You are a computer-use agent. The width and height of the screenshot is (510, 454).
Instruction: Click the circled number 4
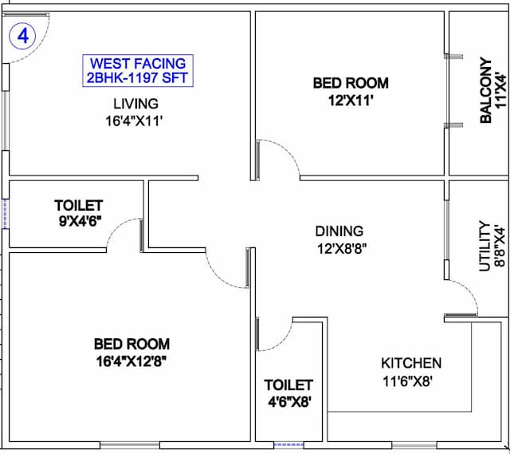(23, 36)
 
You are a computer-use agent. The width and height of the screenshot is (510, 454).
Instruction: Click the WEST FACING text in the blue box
(138, 64)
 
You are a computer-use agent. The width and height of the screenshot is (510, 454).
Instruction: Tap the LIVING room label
(136, 104)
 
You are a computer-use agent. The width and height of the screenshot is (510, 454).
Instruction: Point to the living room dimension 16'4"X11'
(134, 121)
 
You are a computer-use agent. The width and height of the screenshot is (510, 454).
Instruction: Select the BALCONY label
(485, 90)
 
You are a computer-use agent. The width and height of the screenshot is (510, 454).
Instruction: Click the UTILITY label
(484, 247)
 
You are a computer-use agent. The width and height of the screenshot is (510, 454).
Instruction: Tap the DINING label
(339, 231)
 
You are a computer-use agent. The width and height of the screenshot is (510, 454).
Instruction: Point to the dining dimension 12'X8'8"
(342, 249)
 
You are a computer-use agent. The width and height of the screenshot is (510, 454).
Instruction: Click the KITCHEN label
(411, 363)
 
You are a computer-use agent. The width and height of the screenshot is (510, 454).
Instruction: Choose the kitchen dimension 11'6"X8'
(407, 381)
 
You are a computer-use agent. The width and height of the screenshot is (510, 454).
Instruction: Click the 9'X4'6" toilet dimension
(80, 222)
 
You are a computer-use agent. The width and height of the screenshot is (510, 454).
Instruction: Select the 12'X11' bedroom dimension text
(351, 101)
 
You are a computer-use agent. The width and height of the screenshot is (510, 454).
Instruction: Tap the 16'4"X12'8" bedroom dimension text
(131, 361)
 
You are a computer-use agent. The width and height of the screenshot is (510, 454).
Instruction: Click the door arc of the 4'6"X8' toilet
(284, 342)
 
